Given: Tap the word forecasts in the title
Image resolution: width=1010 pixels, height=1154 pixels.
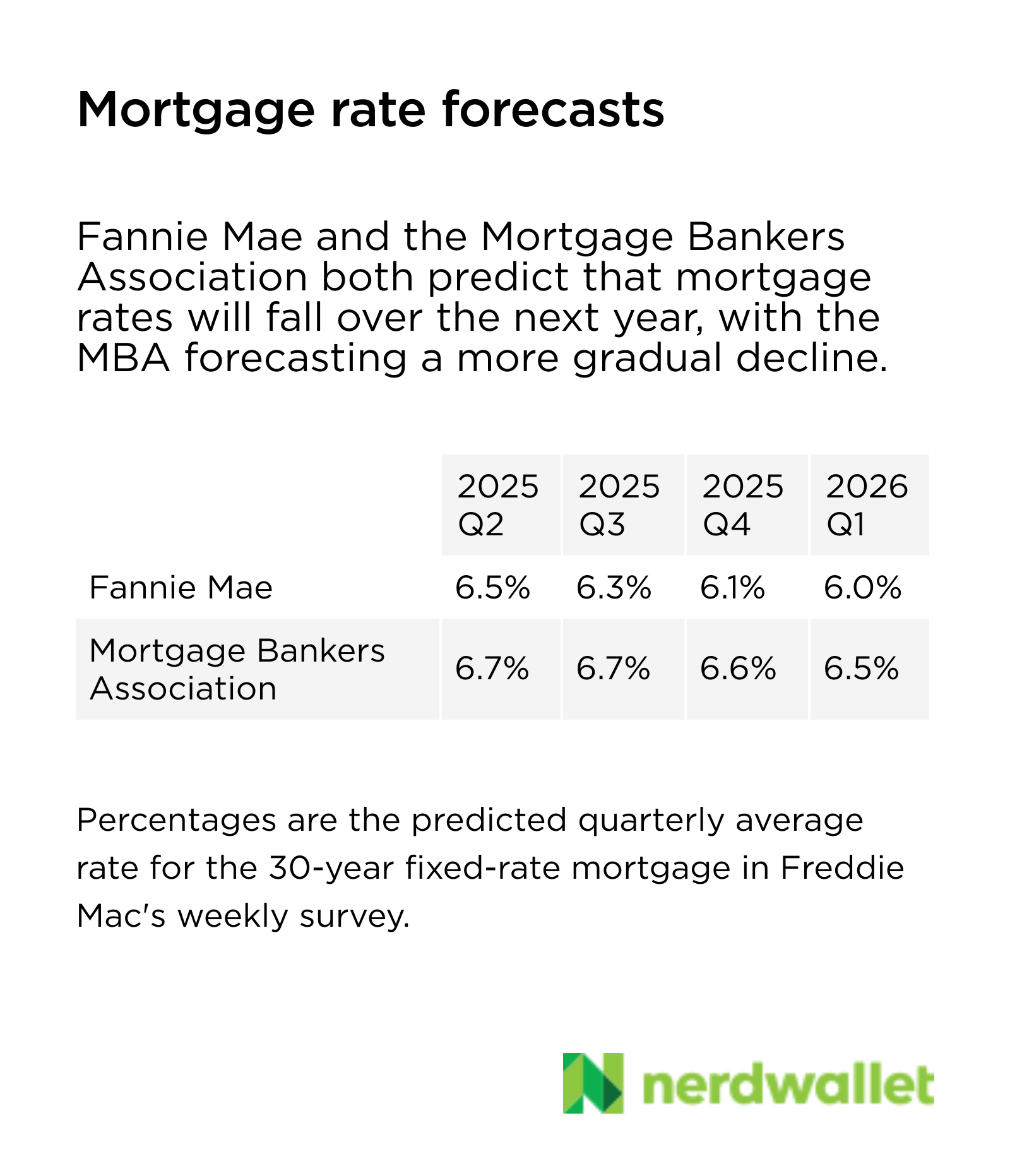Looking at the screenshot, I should pyautogui.click(x=553, y=110).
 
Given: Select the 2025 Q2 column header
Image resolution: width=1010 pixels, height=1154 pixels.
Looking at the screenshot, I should pyautogui.click(x=499, y=505).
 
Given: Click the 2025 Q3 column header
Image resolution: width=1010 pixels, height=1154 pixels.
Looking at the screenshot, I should pyautogui.click(x=620, y=505).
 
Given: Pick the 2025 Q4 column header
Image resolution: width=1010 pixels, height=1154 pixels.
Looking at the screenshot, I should pyautogui.click(x=744, y=505).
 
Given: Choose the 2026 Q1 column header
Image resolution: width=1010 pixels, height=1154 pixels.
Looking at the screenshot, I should pyautogui.click(x=867, y=505).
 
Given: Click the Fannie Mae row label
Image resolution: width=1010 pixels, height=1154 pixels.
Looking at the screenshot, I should pyautogui.click(x=181, y=588).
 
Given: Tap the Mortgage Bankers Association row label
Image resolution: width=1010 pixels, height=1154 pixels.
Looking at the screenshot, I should pyautogui.click(x=237, y=669).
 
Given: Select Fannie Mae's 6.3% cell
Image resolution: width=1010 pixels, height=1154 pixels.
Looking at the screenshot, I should pyautogui.click(x=614, y=588).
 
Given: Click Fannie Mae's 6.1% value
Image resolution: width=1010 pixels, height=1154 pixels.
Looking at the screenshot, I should pyautogui.click(x=732, y=588).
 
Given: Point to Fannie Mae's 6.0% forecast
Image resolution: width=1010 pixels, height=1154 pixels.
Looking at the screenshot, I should pyautogui.click(x=863, y=588).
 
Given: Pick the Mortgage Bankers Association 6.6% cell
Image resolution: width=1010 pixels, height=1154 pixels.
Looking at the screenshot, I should pyautogui.click(x=738, y=669).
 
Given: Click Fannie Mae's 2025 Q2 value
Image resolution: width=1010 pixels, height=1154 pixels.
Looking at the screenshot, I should pyautogui.click(x=492, y=588).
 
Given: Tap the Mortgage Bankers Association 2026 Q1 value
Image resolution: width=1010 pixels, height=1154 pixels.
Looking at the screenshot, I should pyautogui.click(x=862, y=669).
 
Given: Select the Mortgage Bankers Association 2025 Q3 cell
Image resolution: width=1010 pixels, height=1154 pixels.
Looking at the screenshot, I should pyautogui.click(x=613, y=669).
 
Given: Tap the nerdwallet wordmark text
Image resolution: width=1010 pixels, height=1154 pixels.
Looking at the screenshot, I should pyautogui.click(x=788, y=1085).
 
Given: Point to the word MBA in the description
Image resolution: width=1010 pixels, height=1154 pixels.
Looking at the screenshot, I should pyautogui.click(x=124, y=358).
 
